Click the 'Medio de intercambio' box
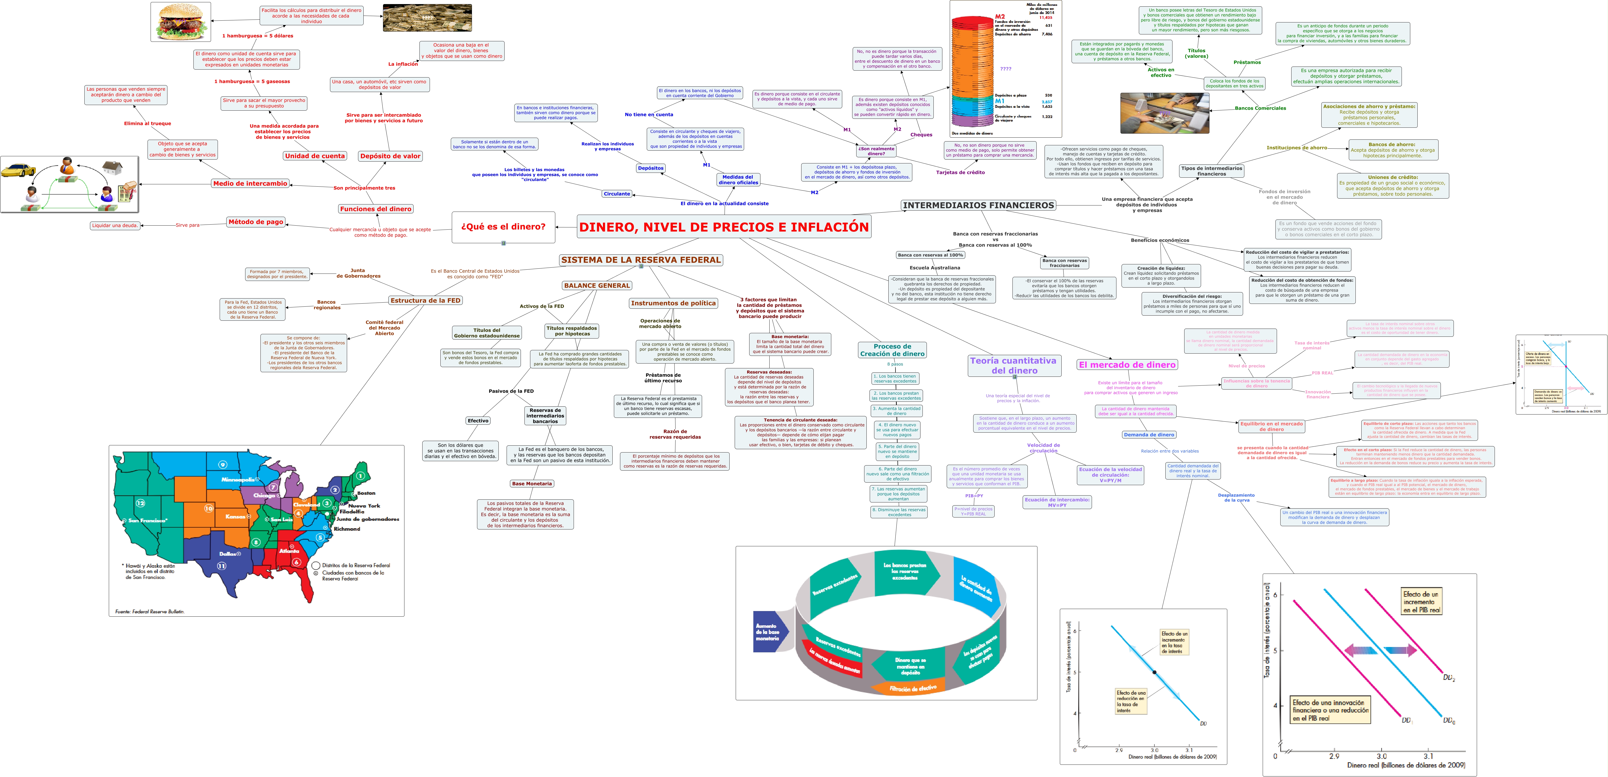[250, 184]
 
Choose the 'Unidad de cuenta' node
[315, 156]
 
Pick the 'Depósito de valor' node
[390, 156]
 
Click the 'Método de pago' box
[256, 222]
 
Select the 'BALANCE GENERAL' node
[597, 286]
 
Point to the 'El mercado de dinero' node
[1127, 365]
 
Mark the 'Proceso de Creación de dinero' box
[892, 350]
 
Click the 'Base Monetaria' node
[532, 483]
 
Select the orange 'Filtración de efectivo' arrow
[913, 688]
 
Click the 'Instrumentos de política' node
[673, 303]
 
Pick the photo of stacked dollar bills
[427, 18]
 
